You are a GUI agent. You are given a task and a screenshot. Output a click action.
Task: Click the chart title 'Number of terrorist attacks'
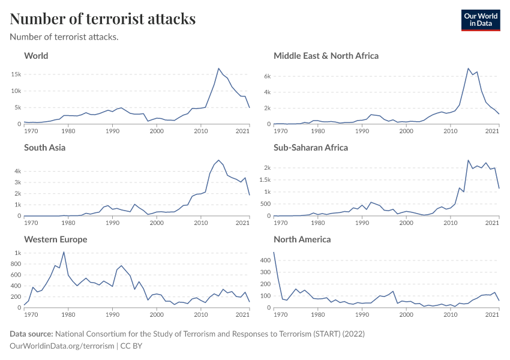103,19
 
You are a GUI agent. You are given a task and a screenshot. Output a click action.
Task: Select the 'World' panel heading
36,56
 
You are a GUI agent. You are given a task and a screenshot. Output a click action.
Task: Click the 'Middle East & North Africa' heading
326,56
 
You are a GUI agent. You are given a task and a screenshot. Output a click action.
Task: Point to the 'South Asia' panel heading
45,148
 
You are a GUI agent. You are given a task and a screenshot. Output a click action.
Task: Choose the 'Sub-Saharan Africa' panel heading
311,148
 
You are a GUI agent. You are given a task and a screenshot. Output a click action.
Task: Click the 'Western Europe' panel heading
55,239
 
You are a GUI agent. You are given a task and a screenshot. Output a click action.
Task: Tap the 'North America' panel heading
302,239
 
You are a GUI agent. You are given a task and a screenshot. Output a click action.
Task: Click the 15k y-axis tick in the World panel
16,74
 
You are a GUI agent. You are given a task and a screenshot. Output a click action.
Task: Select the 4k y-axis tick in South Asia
17,171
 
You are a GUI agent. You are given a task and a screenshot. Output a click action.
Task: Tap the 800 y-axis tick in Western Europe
15,264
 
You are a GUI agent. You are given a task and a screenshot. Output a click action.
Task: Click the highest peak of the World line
218,68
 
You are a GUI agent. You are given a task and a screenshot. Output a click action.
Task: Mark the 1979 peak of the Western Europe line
64,252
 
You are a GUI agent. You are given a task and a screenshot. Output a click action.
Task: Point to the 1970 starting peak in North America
274,252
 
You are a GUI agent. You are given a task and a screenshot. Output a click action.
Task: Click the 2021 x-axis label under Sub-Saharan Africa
492,223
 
